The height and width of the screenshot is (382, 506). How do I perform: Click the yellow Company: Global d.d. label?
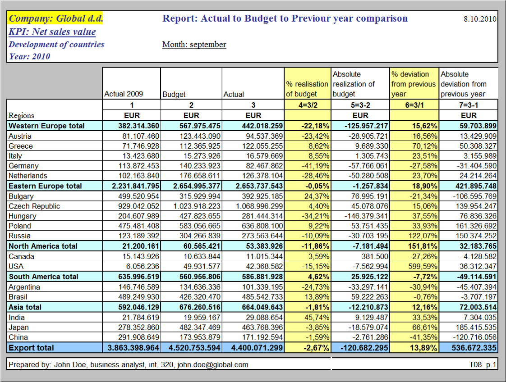pyautogui.click(x=56, y=18)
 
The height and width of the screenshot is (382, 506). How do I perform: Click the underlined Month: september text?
pyautogui.click(x=194, y=45)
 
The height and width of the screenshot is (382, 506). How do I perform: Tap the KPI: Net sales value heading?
pyautogui.click(x=52, y=32)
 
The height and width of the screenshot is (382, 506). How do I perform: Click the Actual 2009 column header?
pyautogui.click(x=124, y=94)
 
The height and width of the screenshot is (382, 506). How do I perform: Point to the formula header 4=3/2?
pyautogui.click(x=307, y=105)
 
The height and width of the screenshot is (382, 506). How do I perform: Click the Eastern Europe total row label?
pyautogui.click(x=45, y=186)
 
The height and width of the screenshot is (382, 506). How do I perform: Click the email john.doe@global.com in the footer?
pyautogui.click(x=212, y=364)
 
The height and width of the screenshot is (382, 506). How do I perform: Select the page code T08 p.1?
pyautogui.click(x=482, y=364)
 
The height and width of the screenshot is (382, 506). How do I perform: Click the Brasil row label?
pyautogui.click(x=18, y=297)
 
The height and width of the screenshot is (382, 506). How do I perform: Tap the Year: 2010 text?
pyautogui.click(x=29, y=56)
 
